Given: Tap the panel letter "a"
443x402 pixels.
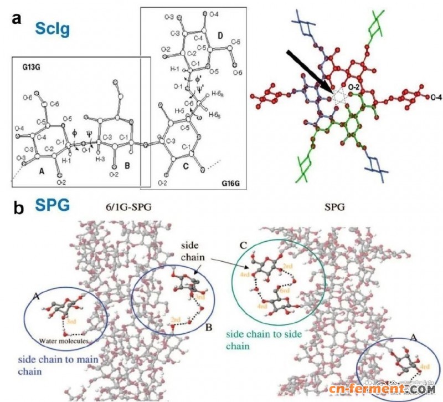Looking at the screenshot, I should (18, 19).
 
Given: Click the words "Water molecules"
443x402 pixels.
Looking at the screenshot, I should (64, 340).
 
